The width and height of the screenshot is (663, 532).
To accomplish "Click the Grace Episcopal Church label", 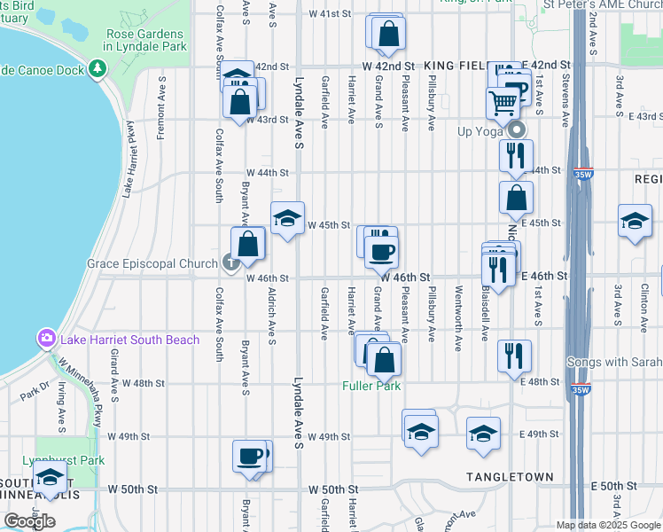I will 152,263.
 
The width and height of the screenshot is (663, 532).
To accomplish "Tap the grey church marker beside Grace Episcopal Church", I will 230,262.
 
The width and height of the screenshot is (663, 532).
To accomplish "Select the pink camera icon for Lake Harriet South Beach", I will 45,338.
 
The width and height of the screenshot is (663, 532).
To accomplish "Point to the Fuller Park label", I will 371,386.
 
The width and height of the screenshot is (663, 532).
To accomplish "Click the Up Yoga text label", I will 479,131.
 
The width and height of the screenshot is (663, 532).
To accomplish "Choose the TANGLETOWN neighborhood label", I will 511,477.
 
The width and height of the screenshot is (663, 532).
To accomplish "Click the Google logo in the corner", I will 29,520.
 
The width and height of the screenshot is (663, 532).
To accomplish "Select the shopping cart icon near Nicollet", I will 503,103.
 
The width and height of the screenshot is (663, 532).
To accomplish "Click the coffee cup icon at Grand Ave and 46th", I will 382,252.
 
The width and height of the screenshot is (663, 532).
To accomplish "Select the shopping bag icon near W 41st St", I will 389,34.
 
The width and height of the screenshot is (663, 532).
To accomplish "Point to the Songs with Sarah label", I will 613,362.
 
